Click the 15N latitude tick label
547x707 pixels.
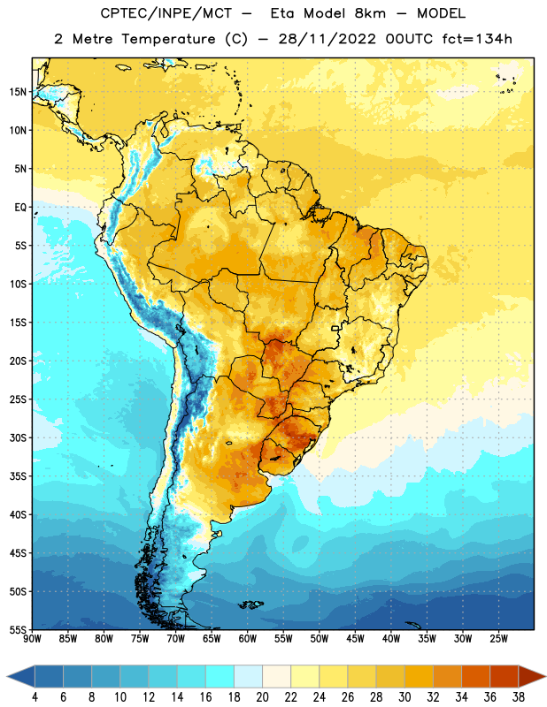pos(18,92)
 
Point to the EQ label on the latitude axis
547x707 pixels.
pos(20,208)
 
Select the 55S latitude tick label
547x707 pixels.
pos(18,629)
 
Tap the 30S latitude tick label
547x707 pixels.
pos(18,437)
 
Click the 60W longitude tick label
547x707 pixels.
pos(247,639)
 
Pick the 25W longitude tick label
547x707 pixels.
pos(498,639)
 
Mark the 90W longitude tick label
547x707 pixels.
pos(32,639)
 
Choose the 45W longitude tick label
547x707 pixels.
pos(355,639)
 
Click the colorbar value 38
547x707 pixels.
pos(518,697)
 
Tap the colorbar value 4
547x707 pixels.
pos(35,697)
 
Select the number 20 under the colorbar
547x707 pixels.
pos(262,697)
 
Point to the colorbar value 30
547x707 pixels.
pos(404,697)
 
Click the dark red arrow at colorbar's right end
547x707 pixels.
pos(530,676)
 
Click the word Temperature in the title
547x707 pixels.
pos(168,39)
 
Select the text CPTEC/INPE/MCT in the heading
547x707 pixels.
pos(166,14)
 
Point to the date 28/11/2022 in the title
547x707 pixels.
pos(327,39)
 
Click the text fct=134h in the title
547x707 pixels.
pos(477,39)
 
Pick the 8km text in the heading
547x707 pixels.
pos(370,13)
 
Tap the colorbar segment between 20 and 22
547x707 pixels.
pos(276,676)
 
